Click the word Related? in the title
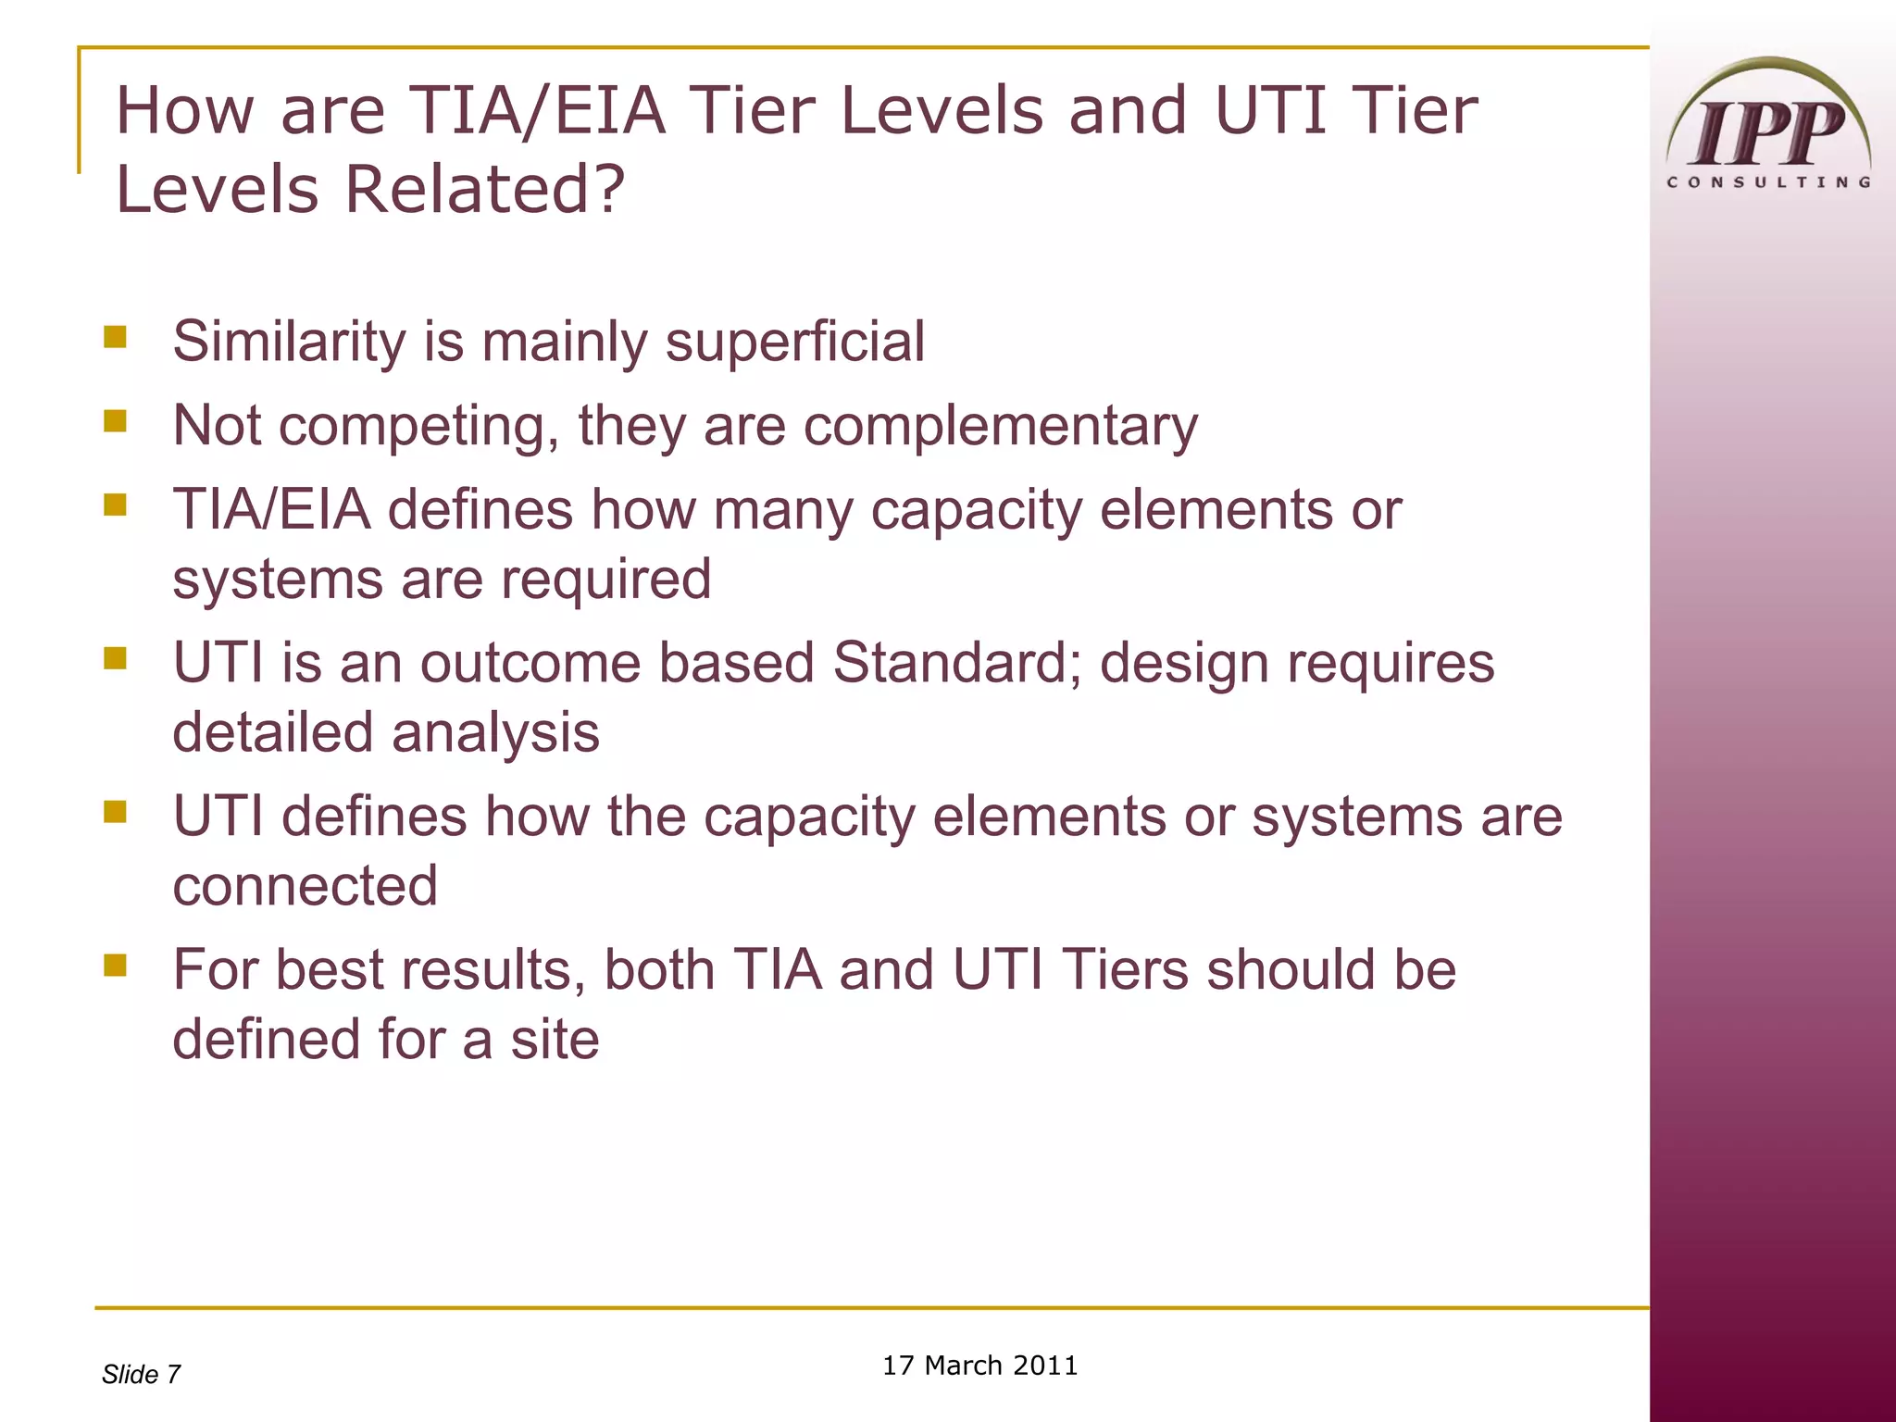485,189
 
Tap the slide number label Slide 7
141,1375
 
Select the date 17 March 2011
979,1366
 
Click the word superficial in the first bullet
795,342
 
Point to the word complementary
1000,427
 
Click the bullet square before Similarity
115,336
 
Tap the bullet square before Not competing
115,421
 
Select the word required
605,580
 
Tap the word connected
305,886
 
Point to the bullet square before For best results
115,966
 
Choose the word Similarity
290,342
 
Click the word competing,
418,427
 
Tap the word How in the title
184,110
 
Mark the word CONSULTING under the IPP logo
1768,182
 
